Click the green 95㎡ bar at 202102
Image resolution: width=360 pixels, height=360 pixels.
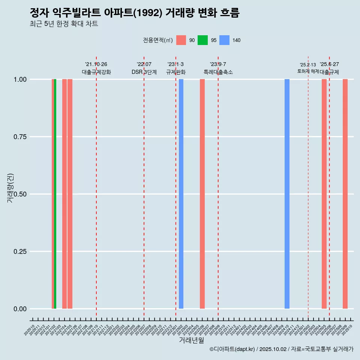click(55, 194)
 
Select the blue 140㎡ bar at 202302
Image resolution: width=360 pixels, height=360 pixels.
click(181, 194)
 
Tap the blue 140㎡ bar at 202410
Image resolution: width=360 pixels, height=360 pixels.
click(287, 194)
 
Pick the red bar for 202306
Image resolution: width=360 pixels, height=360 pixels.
click(202, 194)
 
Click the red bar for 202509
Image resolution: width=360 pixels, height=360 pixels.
click(345, 194)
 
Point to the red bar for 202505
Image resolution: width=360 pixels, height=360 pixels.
click(324, 194)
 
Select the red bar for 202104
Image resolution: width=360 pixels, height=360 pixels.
click(64, 194)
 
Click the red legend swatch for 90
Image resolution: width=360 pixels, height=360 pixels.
click(181, 40)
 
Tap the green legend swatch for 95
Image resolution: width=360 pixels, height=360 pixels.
click(202, 40)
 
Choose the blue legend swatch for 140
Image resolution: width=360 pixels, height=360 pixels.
click(224, 40)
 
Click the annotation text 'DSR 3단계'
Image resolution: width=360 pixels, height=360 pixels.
click(144, 72)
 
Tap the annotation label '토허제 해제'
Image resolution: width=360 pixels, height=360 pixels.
click(308, 71)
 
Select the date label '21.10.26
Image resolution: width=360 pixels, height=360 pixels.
click(96, 64)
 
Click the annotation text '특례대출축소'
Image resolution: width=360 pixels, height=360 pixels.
click(218, 72)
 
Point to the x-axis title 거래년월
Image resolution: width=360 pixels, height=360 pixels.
click(191, 340)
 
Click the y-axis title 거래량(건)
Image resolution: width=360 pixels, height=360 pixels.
click(10, 188)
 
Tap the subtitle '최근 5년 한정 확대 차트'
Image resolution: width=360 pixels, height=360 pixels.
click(64, 24)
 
